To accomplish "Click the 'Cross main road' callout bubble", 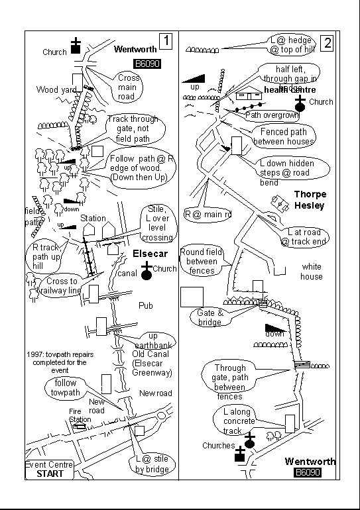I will [127, 87].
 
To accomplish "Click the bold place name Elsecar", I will [149, 254].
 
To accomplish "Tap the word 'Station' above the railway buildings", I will [93, 218].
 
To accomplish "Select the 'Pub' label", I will [146, 306].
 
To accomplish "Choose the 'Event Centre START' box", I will [49, 469].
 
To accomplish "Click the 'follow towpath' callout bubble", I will [66, 387].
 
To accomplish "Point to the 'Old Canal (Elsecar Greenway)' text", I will [152, 363].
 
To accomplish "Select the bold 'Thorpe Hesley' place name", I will [310, 200].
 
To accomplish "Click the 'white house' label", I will [312, 272].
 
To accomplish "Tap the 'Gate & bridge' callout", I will [210, 317].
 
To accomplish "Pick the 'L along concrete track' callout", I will [237, 422].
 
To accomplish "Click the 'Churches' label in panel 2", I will [218, 446].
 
